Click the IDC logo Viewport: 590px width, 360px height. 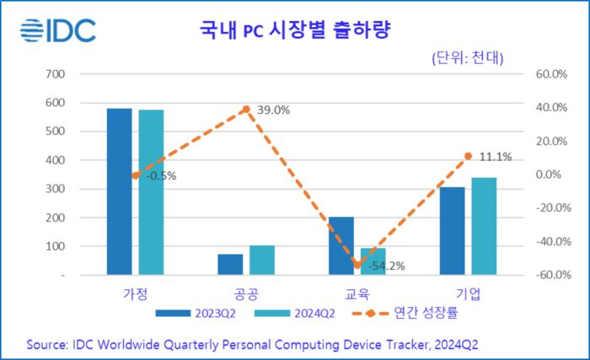(x=58, y=31)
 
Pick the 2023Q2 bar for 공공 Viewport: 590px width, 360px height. (x=230, y=264)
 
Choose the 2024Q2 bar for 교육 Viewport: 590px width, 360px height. (x=373, y=261)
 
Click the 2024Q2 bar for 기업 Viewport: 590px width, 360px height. (x=485, y=226)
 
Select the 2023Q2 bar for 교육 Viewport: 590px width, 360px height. (x=341, y=245)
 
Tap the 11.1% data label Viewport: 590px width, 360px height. (x=495, y=157)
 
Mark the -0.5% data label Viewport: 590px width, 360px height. (x=161, y=176)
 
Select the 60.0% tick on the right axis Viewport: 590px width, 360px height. (x=550, y=74)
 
